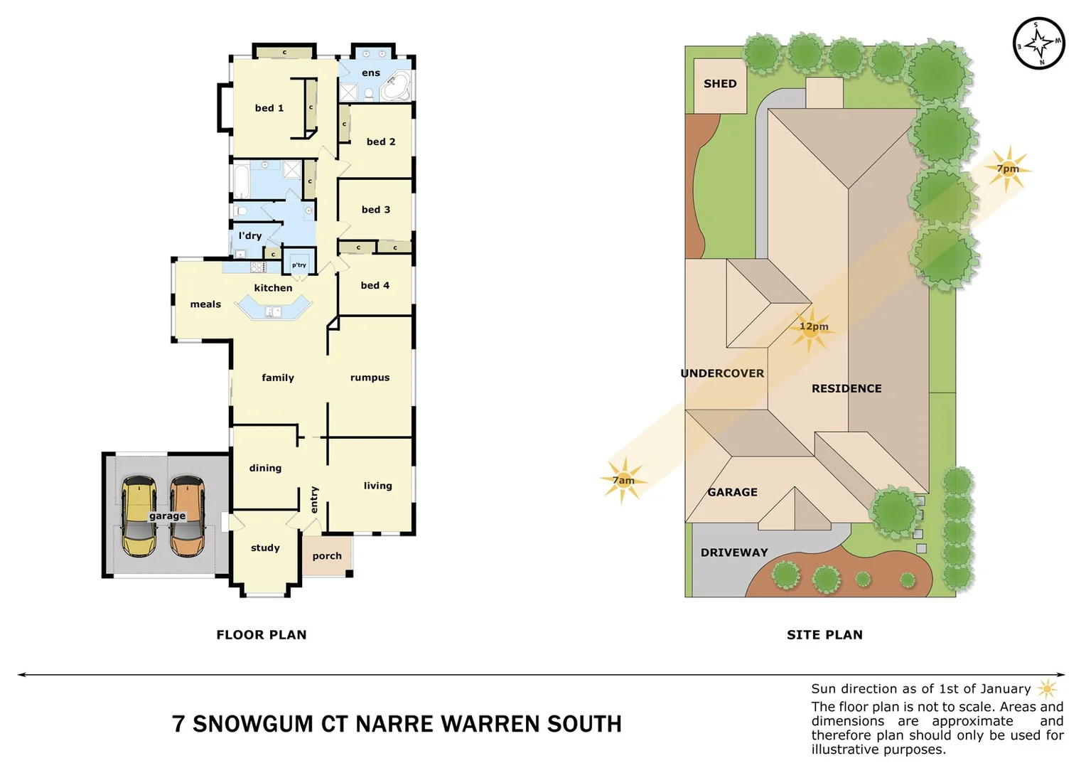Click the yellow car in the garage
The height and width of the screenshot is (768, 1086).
point(139,516)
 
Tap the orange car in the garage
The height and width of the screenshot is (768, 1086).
point(188,516)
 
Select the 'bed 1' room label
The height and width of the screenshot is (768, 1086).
point(269,108)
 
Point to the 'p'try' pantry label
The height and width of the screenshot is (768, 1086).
point(299,265)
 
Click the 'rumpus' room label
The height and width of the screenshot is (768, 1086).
point(370,378)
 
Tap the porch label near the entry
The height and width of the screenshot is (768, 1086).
point(327,556)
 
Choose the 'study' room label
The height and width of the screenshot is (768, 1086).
point(265,548)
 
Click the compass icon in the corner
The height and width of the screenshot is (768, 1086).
point(1038,43)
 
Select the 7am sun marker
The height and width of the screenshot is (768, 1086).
point(623,481)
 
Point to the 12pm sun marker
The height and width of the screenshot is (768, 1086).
point(812,327)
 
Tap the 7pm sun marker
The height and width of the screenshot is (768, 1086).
point(1008,169)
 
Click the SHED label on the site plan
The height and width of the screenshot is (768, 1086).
point(720,84)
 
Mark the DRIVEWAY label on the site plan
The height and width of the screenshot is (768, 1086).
point(734,553)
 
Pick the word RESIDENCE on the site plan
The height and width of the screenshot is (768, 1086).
point(846,388)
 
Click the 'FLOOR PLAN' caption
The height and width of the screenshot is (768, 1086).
point(262,635)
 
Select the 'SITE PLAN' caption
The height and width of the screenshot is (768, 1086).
point(824,635)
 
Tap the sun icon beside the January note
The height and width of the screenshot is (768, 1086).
point(1047,688)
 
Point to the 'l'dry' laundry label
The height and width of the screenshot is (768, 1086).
point(249,235)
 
